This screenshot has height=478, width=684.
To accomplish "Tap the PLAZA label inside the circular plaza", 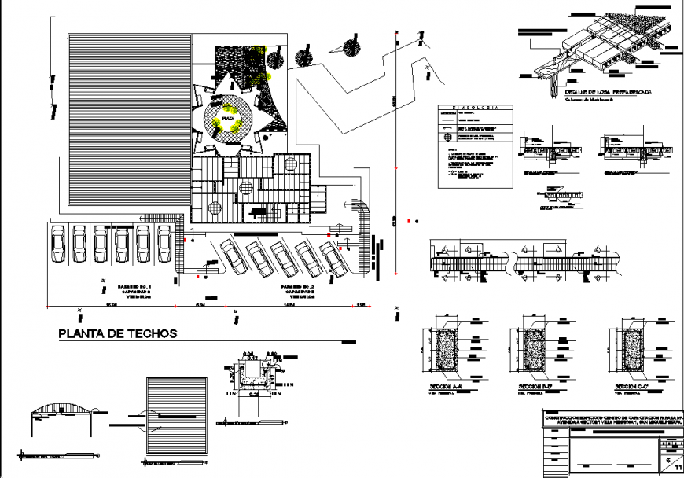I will (228, 119).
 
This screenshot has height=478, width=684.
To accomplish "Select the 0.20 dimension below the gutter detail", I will (256, 393).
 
